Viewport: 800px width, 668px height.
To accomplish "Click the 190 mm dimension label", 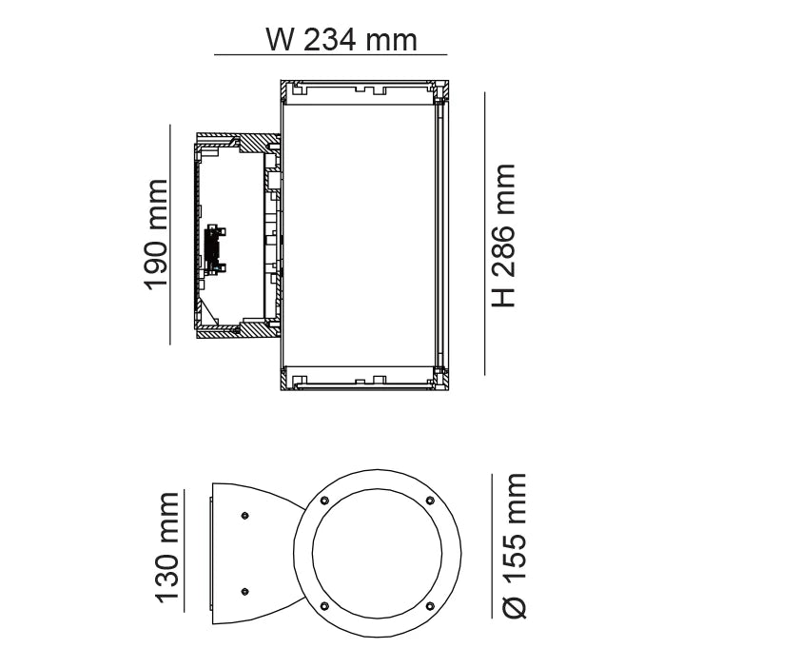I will [155, 234].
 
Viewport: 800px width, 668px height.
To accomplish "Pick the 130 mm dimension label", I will [167, 548].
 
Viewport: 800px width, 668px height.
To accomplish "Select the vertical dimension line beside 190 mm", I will [170, 234].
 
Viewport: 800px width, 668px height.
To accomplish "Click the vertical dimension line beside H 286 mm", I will [485, 233].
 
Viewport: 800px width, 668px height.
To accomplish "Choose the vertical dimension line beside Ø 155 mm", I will [493, 547].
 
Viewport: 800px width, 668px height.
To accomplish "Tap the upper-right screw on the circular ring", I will [430, 500].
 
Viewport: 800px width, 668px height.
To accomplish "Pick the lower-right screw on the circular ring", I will [430, 606].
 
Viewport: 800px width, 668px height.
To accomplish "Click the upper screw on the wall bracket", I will [245, 515].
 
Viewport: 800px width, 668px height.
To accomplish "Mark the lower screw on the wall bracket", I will [245, 591].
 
